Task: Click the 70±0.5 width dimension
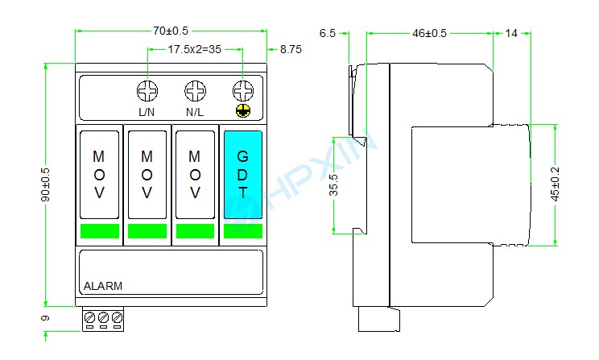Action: (171, 31)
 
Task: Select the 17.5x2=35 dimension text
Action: (194, 49)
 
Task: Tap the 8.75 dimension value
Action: (291, 49)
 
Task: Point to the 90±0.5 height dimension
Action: (46, 185)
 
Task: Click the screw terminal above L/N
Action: (147, 89)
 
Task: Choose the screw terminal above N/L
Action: (194, 89)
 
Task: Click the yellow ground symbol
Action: (242, 111)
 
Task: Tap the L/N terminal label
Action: (147, 112)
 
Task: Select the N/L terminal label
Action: (194, 112)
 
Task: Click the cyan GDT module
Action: (242, 173)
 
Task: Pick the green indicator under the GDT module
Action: (242, 231)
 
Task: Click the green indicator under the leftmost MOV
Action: (100, 231)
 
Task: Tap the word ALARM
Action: (103, 286)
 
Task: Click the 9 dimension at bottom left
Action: (46, 319)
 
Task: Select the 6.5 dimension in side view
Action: (327, 33)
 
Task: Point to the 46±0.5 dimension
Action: (429, 33)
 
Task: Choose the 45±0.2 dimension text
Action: (555, 185)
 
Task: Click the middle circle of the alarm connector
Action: (103, 319)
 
